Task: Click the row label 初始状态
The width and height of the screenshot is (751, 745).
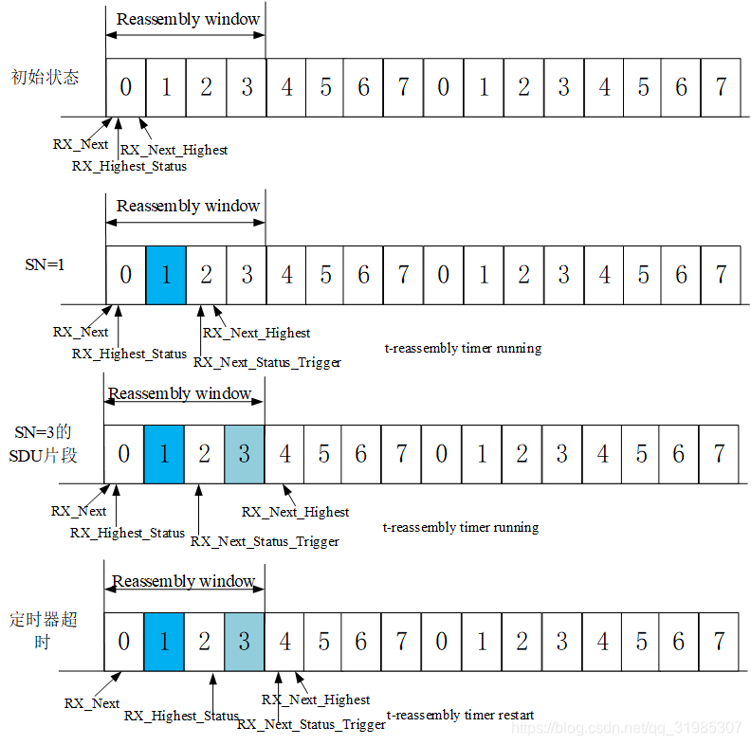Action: coord(45,78)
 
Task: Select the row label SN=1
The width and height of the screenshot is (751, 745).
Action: coord(45,264)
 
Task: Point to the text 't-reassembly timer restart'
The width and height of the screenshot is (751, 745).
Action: coord(460,715)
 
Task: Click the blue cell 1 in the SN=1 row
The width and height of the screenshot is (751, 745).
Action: coord(166,275)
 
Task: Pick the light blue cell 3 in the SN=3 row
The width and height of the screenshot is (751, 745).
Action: coord(244,453)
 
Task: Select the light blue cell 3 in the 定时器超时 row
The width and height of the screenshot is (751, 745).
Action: coord(244,641)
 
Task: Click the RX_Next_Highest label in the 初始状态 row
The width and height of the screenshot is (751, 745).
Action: coord(174,150)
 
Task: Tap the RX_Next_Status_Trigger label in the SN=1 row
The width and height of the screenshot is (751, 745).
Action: coord(266,362)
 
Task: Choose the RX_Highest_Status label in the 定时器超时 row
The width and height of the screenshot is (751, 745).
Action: coord(181,716)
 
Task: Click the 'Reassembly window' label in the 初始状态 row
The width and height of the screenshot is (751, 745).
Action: coord(188,19)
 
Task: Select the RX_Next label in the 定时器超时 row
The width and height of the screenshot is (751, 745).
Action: coord(92,703)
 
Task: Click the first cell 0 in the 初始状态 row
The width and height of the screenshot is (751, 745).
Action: coord(126,87)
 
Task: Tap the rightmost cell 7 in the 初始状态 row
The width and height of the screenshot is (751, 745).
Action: coord(721,87)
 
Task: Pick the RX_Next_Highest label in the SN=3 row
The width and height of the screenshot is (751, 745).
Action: coord(295,512)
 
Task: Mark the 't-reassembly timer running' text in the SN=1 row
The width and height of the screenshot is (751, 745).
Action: coord(463,348)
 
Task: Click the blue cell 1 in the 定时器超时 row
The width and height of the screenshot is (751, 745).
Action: coord(164,641)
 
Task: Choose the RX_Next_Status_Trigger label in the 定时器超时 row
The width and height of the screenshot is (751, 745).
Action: coord(311,724)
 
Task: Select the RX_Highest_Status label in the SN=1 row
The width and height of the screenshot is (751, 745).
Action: coord(130,354)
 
